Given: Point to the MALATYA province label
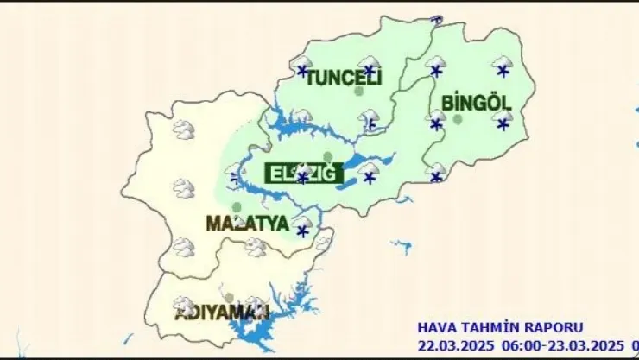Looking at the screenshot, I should [247, 223].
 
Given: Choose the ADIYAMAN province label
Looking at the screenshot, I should [222, 313].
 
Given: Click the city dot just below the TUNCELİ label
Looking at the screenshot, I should [359, 92].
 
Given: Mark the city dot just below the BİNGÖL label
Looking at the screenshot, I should [458, 119].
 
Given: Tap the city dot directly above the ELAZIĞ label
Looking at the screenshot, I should [327, 157].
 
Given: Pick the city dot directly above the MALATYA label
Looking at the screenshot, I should [237, 207].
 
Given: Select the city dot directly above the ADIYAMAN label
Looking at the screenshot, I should [229, 298].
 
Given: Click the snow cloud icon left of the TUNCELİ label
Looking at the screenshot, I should [302, 66].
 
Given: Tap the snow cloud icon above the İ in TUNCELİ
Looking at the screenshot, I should [370, 66].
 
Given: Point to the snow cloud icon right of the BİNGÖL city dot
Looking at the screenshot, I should [503, 120].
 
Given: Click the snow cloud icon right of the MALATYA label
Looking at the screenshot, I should [302, 226].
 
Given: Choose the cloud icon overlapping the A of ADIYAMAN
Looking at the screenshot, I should [183, 305].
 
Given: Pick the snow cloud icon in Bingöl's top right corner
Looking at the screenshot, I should [503, 66].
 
